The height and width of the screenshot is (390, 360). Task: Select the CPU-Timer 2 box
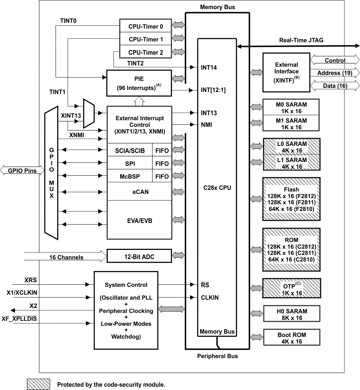tap(145, 53)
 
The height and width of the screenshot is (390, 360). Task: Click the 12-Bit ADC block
tap(139, 256)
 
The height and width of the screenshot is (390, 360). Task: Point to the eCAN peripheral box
tap(139, 192)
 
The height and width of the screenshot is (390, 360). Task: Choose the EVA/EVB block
tap(139, 220)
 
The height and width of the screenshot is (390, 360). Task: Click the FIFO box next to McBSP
tap(162, 177)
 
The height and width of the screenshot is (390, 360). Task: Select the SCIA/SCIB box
tap(130, 150)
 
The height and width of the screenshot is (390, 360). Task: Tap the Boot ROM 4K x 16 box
tap(292, 338)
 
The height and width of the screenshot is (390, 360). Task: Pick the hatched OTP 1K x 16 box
tap(292, 289)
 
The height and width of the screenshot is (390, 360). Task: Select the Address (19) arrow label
tap(335, 73)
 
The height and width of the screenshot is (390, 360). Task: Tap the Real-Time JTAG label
tap(301, 40)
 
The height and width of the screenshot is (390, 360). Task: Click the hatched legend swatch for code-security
tap(38, 384)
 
